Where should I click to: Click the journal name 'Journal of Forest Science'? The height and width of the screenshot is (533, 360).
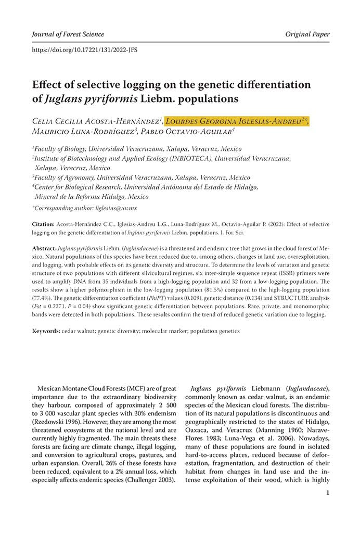pyautogui.click(x=68, y=34)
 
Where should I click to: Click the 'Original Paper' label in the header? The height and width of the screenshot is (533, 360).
pyautogui.click(x=307, y=34)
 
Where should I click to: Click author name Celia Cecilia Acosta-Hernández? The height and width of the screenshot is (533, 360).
pyautogui.click(x=97, y=122)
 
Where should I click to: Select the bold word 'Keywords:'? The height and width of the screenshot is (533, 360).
pyautogui.click(x=46, y=331)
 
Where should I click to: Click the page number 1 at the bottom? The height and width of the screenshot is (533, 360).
pyautogui.click(x=327, y=492)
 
